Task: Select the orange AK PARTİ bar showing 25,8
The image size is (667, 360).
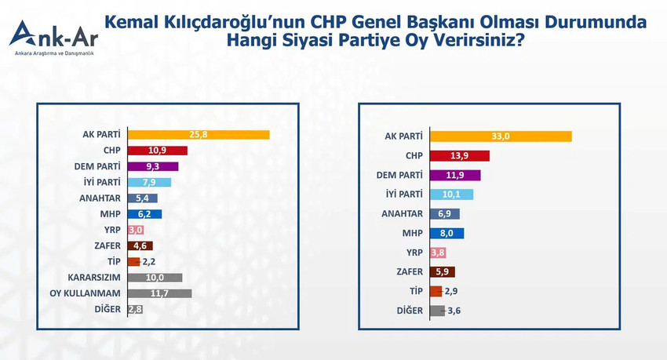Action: (198, 135)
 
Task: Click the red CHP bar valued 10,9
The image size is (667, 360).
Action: (157, 151)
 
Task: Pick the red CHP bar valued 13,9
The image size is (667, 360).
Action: (460, 156)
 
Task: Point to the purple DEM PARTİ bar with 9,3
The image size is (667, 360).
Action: (153, 166)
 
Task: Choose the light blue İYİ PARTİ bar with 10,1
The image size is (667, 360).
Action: (452, 195)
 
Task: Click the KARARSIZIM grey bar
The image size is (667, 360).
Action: (155, 278)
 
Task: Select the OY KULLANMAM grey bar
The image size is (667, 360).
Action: (159, 293)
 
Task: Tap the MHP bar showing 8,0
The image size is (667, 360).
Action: (447, 233)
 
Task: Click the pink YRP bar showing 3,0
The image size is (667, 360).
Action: (136, 230)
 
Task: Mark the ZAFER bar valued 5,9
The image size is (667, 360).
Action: (443, 272)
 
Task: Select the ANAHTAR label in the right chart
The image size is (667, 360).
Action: (403, 213)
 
